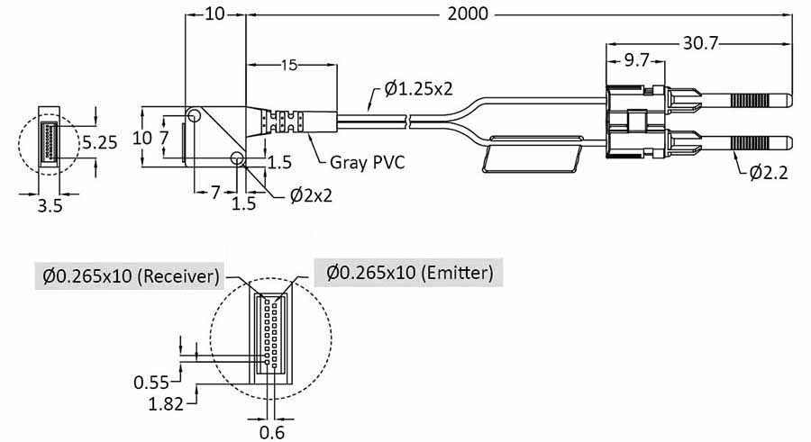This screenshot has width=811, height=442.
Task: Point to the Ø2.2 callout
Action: pos(769,173)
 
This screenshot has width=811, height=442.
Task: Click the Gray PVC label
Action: pos(365,163)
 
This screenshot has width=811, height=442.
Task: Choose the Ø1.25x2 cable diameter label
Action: pos(417,88)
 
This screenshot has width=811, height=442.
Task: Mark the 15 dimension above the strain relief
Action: pos(288,65)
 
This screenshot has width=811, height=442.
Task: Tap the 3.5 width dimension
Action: pos(50,204)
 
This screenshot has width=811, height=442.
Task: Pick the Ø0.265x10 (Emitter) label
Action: pos(409,272)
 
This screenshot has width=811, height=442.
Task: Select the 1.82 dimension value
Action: pos(167,403)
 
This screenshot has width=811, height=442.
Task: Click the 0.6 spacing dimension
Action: pos(274,431)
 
